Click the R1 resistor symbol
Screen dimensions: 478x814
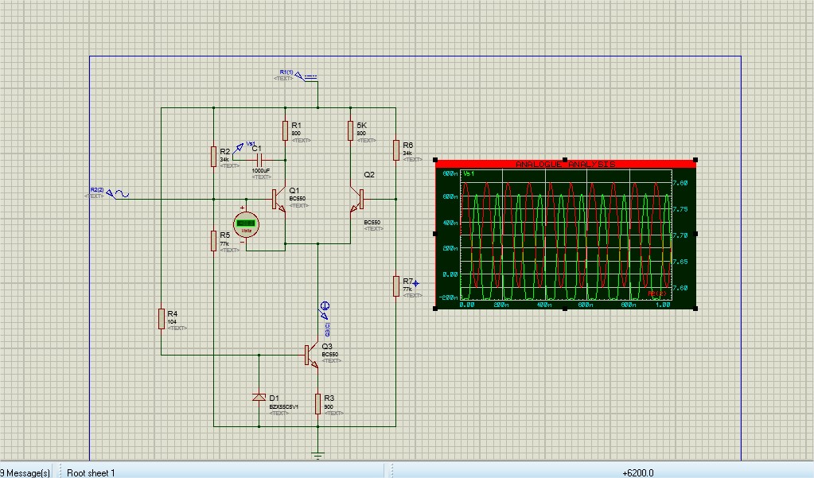pos(285,130)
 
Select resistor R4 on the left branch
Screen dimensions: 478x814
pos(161,319)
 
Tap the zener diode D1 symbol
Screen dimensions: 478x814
pos(258,398)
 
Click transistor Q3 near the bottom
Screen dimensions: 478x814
pos(311,355)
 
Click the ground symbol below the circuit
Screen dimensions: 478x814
pos(317,456)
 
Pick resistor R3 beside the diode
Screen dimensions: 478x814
pos(317,404)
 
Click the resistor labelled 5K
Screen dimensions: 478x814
pos(350,130)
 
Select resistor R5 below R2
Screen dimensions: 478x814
pos(214,240)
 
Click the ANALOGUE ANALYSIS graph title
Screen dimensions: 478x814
pos(565,165)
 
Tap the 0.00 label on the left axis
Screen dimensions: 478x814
pos(450,274)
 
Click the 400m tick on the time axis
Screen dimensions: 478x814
pos(544,305)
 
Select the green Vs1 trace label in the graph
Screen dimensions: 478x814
pos(469,173)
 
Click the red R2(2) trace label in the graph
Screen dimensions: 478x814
pos(656,294)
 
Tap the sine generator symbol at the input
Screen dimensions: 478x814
pos(120,193)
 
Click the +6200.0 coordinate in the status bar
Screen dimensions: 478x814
pos(638,472)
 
